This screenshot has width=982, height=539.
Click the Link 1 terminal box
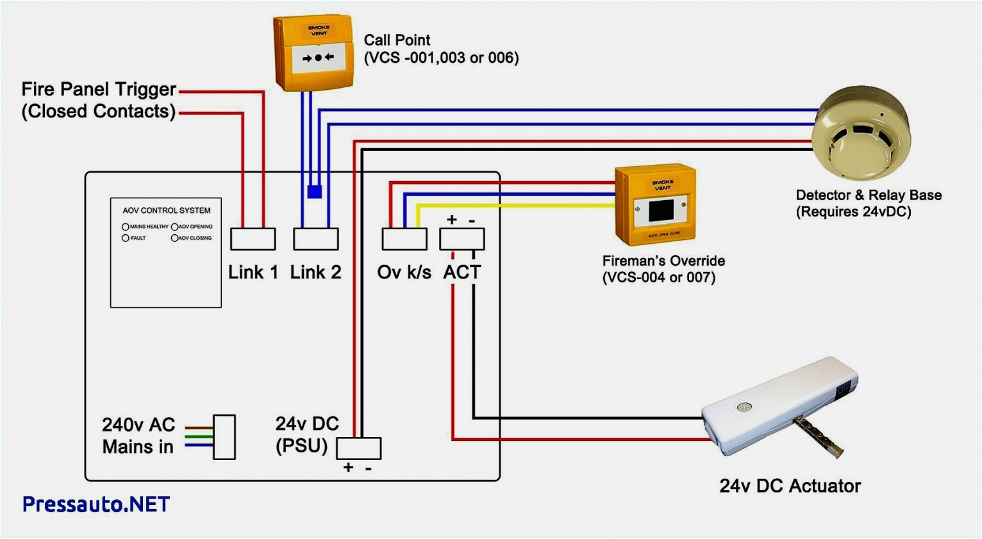coord(253,239)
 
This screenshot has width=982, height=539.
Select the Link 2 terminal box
coord(315,239)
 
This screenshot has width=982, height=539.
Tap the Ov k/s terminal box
coord(404,239)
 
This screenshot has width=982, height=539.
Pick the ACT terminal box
coord(462,239)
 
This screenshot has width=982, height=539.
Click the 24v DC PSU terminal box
coord(358,448)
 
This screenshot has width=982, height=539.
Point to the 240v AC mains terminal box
coord(224,437)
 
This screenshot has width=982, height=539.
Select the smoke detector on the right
coord(860,134)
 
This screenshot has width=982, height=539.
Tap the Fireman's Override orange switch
coord(656,205)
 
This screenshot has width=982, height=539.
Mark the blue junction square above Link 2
coord(314,191)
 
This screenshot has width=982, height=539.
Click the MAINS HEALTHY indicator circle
coord(126,227)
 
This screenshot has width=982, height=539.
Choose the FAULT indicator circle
coord(126,238)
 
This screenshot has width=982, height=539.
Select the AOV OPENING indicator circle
coord(174,227)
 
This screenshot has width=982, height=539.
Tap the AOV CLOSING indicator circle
coord(174,238)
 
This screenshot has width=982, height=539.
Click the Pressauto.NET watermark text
coord(96,504)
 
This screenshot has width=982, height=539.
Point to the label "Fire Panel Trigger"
coord(99,89)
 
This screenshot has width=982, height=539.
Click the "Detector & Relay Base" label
coord(869,195)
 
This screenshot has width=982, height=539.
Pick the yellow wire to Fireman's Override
coord(513,205)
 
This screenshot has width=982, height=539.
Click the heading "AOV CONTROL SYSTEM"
coord(167,210)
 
